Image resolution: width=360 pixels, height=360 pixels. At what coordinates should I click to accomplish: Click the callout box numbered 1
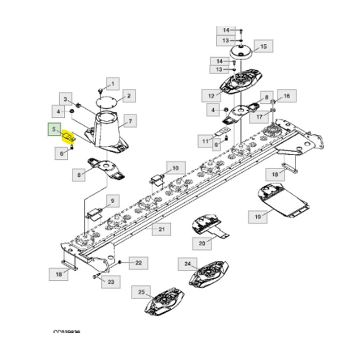[113, 83]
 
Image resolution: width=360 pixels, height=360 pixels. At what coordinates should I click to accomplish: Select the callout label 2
[129, 95]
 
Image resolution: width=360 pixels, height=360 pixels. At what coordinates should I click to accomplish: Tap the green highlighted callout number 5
[53, 130]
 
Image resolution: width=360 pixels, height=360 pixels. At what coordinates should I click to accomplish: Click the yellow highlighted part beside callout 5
[69, 137]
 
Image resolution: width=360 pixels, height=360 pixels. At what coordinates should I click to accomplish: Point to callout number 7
[130, 121]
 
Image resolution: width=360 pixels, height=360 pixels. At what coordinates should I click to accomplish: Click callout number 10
[175, 168]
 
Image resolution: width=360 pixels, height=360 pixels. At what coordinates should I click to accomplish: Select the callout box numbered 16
[286, 96]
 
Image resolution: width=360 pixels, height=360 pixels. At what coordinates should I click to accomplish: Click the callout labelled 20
[202, 243]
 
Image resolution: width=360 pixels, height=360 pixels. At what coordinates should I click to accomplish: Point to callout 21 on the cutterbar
[161, 229]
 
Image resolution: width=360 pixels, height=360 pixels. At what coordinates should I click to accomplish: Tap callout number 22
[138, 263]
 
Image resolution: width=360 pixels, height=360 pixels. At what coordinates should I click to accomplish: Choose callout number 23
[111, 281]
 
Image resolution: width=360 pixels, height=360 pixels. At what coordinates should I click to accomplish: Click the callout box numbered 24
[187, 264]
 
